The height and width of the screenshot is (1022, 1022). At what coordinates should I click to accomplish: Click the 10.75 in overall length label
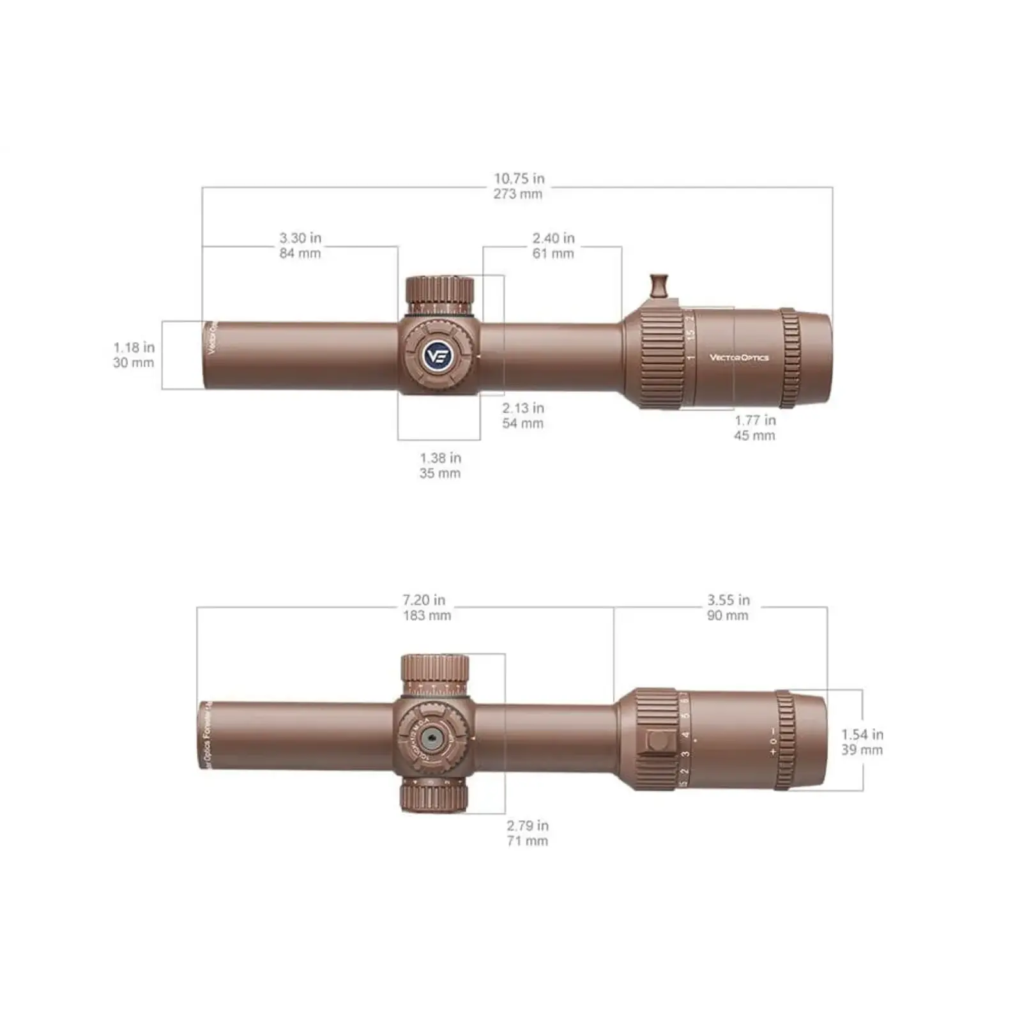coord(518,186)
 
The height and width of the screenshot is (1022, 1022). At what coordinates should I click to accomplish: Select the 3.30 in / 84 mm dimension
coord(300,245)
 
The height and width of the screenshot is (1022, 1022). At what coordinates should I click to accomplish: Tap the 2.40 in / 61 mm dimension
coord(553,245)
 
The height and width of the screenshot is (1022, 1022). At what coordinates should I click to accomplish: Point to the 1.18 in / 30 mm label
coord(133,355)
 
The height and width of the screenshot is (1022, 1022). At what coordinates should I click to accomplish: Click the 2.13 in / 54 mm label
coord(522,415)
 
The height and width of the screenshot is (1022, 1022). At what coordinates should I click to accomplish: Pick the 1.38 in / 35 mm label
coord(440,465)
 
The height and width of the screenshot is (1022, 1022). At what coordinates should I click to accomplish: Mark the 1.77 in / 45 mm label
coord(754,427)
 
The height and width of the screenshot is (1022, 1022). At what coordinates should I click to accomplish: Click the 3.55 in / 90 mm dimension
coord(728,607)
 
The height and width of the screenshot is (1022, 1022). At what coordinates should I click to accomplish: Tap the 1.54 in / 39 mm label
coord(862,742)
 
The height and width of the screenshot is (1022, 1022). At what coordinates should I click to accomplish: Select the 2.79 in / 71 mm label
coord(528,833)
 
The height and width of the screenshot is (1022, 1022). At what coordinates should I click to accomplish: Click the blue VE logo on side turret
coord(438,355)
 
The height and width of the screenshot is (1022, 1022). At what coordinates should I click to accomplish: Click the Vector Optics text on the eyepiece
coord(739,358)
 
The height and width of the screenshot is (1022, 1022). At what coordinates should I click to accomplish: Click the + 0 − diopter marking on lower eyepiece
coord(773,741)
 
